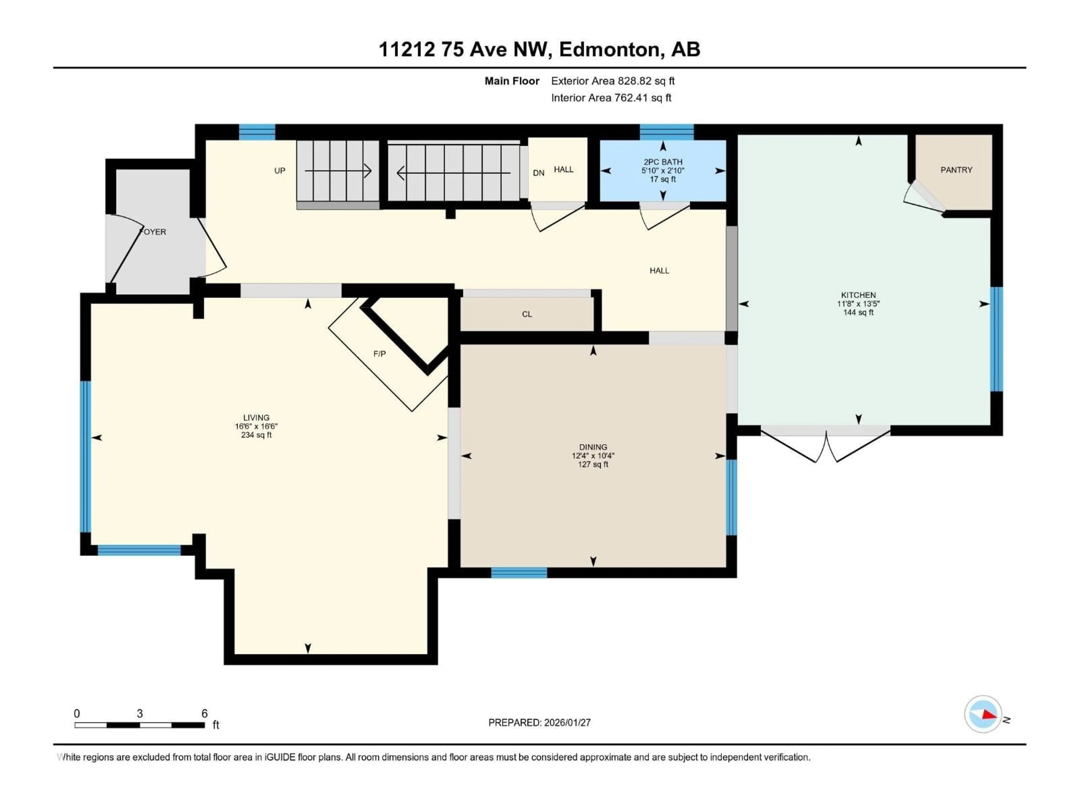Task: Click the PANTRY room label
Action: click(x=956, y=170)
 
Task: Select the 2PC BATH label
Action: click(x=663, y=162)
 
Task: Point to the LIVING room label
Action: click(x=256, y=417)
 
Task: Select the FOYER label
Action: click(x=153, y=232)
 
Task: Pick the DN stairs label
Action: click(x=538, y=173)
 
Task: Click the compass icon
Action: click(x=983, y=714)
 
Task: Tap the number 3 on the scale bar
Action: click(x=139, y=713)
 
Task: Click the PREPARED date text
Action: click(x=539, y=723)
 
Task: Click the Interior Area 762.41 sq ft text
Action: click(x=611, y=98)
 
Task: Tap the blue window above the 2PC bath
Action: click(x=667, y=132)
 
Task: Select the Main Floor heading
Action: click(x=512, y=81)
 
